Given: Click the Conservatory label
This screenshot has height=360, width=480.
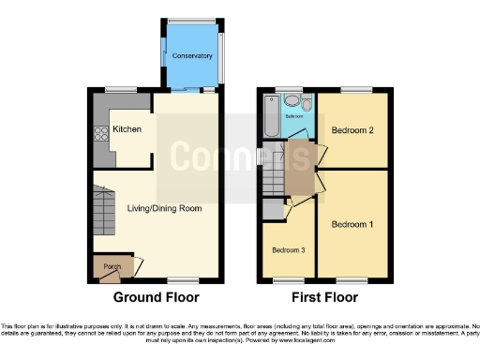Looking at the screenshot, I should point(192,56).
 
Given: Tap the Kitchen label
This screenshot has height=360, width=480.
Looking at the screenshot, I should point(127,129).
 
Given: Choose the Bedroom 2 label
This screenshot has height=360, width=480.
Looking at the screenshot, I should point(352,130).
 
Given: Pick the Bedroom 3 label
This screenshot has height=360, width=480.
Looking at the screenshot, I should point(289,250).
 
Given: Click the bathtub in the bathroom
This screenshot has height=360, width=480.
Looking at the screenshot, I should point(270,121).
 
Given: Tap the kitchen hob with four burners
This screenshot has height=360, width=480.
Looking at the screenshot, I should point(99,134).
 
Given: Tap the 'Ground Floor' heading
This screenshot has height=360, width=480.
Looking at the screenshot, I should point(156,299).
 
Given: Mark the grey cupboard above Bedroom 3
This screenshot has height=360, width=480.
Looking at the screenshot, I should point(272,207).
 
